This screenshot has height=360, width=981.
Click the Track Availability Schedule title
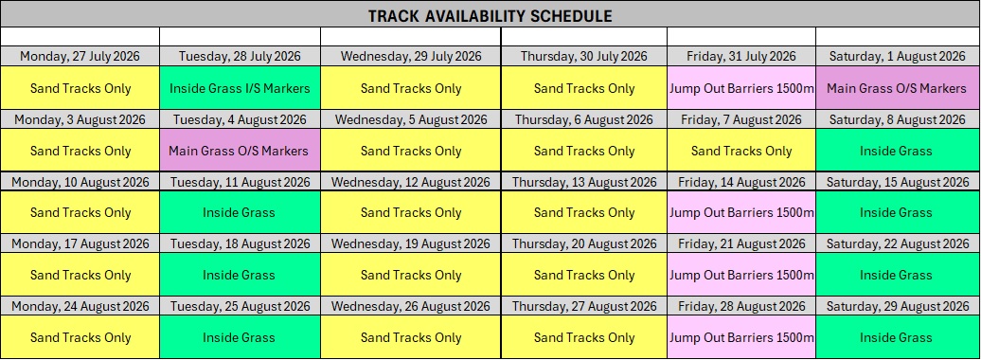[x=490, y=16]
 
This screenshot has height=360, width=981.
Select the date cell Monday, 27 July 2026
[x=80, y=56]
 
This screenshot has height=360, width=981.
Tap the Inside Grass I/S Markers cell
[x=240, y=88]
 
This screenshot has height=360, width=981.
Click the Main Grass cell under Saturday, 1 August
[x=897, y=88]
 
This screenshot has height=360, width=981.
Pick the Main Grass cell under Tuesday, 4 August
[x=240, y=151]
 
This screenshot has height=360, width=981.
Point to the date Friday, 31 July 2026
[x=741, y=56]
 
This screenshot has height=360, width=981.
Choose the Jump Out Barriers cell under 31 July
[x=741, y=88]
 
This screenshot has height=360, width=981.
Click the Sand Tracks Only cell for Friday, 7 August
[x=741, y=151]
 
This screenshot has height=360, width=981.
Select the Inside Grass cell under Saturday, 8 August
[x=897, y=151]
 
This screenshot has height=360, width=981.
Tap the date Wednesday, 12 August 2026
[x=410, y=182]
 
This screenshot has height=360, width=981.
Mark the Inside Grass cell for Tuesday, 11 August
[x=240, y=213]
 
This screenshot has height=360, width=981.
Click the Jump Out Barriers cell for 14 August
[x=741, y=213]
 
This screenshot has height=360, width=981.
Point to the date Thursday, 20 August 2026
[x=584, y=244]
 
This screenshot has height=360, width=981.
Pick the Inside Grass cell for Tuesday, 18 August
[x=240, y=275]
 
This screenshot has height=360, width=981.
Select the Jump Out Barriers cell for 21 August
[x=741, y=275]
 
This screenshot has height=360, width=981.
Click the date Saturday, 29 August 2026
[x=897, y=306]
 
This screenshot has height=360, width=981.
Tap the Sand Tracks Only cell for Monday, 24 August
[x=80, y=337]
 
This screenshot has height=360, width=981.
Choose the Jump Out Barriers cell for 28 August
[x=741, y=337]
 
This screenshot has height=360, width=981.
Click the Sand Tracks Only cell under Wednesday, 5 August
[x=410, y=151]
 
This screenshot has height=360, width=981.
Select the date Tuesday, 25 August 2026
[x=240, y=306]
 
